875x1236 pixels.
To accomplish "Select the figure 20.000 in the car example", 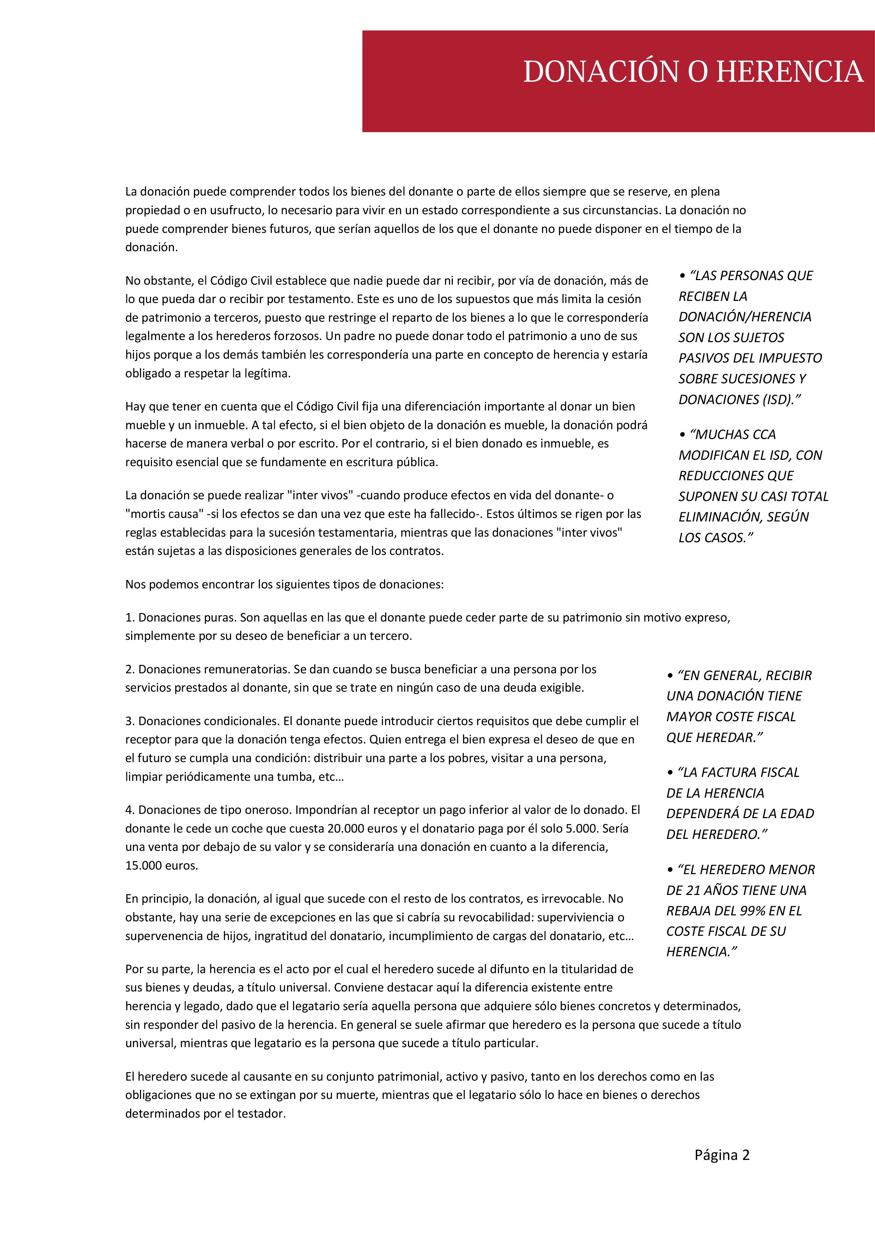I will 345,828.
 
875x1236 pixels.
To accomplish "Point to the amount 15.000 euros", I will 161,866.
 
